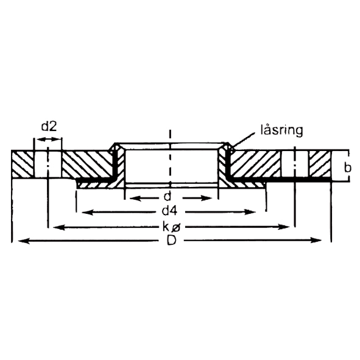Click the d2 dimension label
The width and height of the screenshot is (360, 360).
click(49, 126)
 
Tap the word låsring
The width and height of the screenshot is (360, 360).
click(281, 130)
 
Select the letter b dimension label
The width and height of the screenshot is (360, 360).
click(348, 168)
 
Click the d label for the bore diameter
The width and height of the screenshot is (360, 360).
click(168, 197)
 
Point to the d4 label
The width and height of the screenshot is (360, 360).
click(170, 211)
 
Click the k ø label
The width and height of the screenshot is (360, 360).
click(172, 227)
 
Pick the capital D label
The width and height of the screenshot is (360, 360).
click(172, 240)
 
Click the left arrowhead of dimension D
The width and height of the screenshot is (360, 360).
click(24, 241)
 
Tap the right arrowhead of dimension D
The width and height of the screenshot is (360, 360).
click(316, 241)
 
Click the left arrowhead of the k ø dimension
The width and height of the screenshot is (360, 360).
click(59, 228)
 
